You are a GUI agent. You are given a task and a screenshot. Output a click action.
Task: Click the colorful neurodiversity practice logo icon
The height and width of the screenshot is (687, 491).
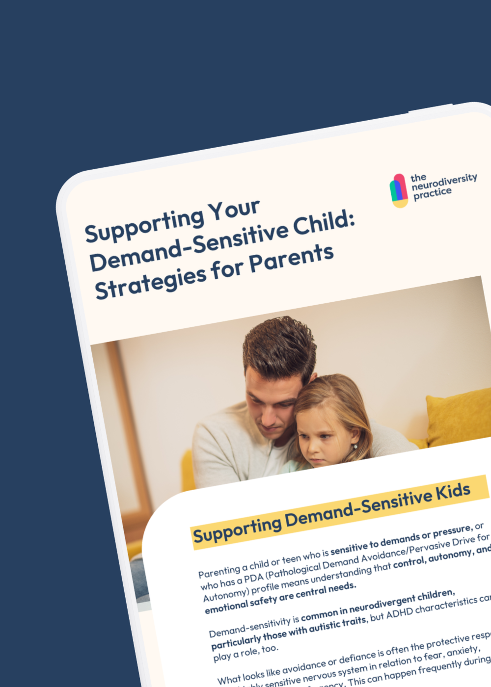tap(399, 191)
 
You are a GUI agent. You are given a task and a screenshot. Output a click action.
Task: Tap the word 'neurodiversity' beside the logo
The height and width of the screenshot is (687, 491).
tap(444, 182)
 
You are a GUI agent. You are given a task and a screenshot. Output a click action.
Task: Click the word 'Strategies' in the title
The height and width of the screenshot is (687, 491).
tap(150, 283)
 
